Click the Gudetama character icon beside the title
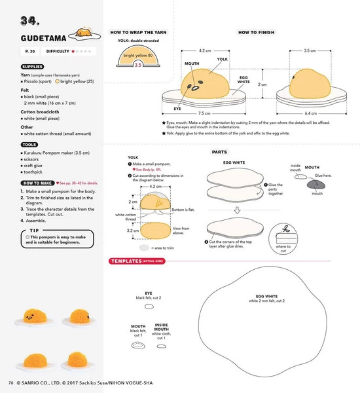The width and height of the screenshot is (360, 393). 83,30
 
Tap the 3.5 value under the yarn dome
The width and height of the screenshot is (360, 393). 138,65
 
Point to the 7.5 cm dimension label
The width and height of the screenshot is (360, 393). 204,112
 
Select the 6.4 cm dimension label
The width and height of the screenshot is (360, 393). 310,112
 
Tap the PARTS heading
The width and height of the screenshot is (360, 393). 219,152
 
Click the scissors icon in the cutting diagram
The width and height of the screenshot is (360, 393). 285,229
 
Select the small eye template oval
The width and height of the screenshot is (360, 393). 148,306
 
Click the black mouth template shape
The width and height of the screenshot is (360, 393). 137,346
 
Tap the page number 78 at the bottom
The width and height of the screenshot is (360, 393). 10,383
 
